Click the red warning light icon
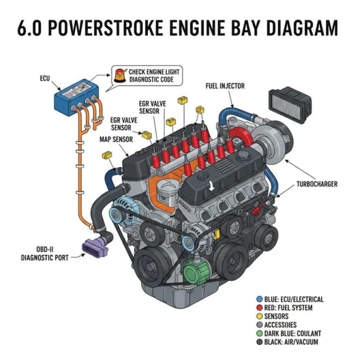120,75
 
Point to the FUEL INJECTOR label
225,86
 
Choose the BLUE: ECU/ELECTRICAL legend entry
290,299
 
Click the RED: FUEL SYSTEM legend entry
287,308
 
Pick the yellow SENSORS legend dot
259,316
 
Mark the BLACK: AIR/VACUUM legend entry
290,342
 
